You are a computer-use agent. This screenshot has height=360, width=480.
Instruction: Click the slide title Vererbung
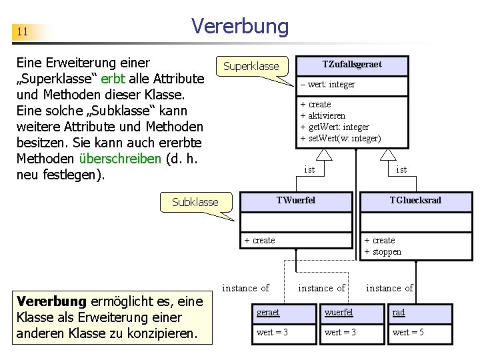240,26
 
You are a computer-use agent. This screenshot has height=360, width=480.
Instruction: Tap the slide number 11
23,31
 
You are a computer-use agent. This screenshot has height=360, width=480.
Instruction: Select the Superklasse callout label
251,66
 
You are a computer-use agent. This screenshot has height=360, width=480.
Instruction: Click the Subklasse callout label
195,201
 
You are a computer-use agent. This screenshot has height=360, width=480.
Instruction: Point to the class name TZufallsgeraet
352,65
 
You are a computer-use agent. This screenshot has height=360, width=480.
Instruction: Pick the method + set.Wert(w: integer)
340,138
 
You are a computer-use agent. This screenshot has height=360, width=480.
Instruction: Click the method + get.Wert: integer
334,127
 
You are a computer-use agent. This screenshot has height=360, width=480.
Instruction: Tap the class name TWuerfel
296,200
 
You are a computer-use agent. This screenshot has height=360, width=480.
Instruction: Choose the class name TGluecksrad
415,200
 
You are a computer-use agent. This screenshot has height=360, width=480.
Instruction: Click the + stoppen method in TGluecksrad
383,251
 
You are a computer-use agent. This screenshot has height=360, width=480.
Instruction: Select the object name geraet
268,312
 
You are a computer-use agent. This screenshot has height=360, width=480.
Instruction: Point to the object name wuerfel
339,312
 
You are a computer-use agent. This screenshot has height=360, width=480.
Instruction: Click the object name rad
399,312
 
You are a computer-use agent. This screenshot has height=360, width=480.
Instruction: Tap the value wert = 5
408,332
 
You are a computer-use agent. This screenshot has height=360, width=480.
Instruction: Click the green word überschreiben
120,159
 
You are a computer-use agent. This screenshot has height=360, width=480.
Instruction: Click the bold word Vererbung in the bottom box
52,301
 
